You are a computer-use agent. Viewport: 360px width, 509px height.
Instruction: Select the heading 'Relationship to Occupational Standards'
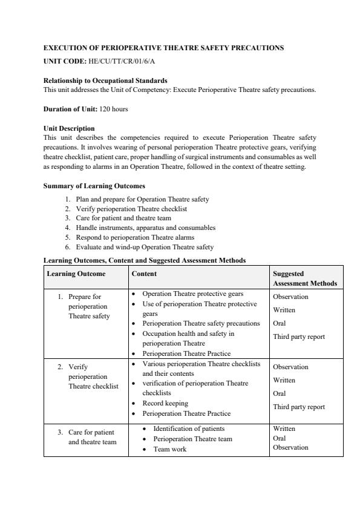tap(106, 80)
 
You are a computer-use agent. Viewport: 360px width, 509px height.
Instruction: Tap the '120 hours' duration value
tap(114, 109)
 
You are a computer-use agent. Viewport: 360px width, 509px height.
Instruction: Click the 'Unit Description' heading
tap(69, 128)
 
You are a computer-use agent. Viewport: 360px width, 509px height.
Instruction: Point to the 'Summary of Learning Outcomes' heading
tap(94, 186)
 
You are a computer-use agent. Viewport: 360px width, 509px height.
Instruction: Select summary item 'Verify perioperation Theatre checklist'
tap(131, 208)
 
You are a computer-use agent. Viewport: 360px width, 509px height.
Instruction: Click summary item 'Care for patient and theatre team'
tap(123, 218)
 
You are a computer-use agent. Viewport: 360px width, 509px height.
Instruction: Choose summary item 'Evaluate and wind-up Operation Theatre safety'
tap(145, 247)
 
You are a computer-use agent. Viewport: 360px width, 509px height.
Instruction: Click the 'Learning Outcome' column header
tap(76, 274)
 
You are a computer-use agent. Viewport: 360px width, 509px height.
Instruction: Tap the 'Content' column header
tap(144, 274)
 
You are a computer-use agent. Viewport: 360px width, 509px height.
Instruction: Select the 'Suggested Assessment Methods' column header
tap(304, 278)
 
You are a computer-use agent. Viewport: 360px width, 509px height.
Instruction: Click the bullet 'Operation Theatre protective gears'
tap(192, 294)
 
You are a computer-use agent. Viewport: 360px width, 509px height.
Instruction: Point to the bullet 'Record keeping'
tap(165, 403)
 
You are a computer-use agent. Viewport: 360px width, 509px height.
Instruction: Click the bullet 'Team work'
tap(169, 449)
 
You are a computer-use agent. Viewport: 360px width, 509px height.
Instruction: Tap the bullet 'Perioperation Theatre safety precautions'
tap(201, 323)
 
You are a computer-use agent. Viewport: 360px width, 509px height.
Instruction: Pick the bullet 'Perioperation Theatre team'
tap(192, 439)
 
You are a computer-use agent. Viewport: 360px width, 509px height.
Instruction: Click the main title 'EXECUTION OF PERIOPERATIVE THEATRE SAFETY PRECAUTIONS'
tap(163, 47)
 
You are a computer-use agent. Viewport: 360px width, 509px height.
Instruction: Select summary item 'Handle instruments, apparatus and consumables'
tap(145, 228)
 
